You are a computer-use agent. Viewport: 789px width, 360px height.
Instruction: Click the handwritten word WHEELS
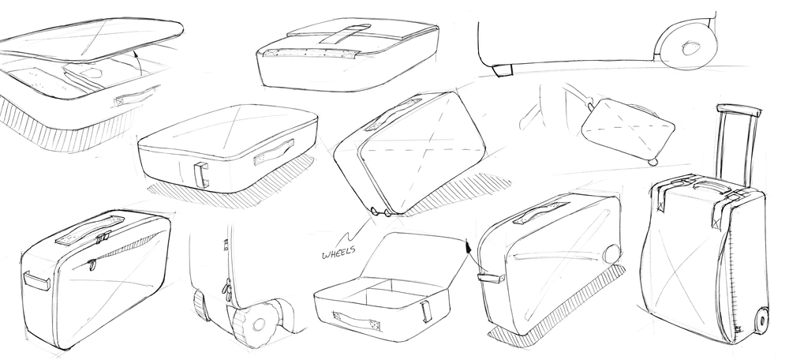coord(337,253)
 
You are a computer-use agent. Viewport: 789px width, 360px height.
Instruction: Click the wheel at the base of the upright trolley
coord(761,319)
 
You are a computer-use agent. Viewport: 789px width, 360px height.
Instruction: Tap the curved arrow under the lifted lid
coord(134,58)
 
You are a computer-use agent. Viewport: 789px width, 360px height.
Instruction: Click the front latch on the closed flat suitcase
coord(202,174)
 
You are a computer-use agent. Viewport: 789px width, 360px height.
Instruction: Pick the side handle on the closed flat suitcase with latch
coord(274,152)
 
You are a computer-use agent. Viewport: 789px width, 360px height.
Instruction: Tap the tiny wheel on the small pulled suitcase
coord(653,162)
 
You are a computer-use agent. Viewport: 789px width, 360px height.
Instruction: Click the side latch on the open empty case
coord(427,310)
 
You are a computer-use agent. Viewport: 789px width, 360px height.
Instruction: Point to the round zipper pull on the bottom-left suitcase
coord(92,265)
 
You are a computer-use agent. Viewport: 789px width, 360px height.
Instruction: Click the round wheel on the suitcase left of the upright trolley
coord(611,254)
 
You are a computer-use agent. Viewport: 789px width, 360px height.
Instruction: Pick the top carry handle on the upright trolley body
coord(705,188)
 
